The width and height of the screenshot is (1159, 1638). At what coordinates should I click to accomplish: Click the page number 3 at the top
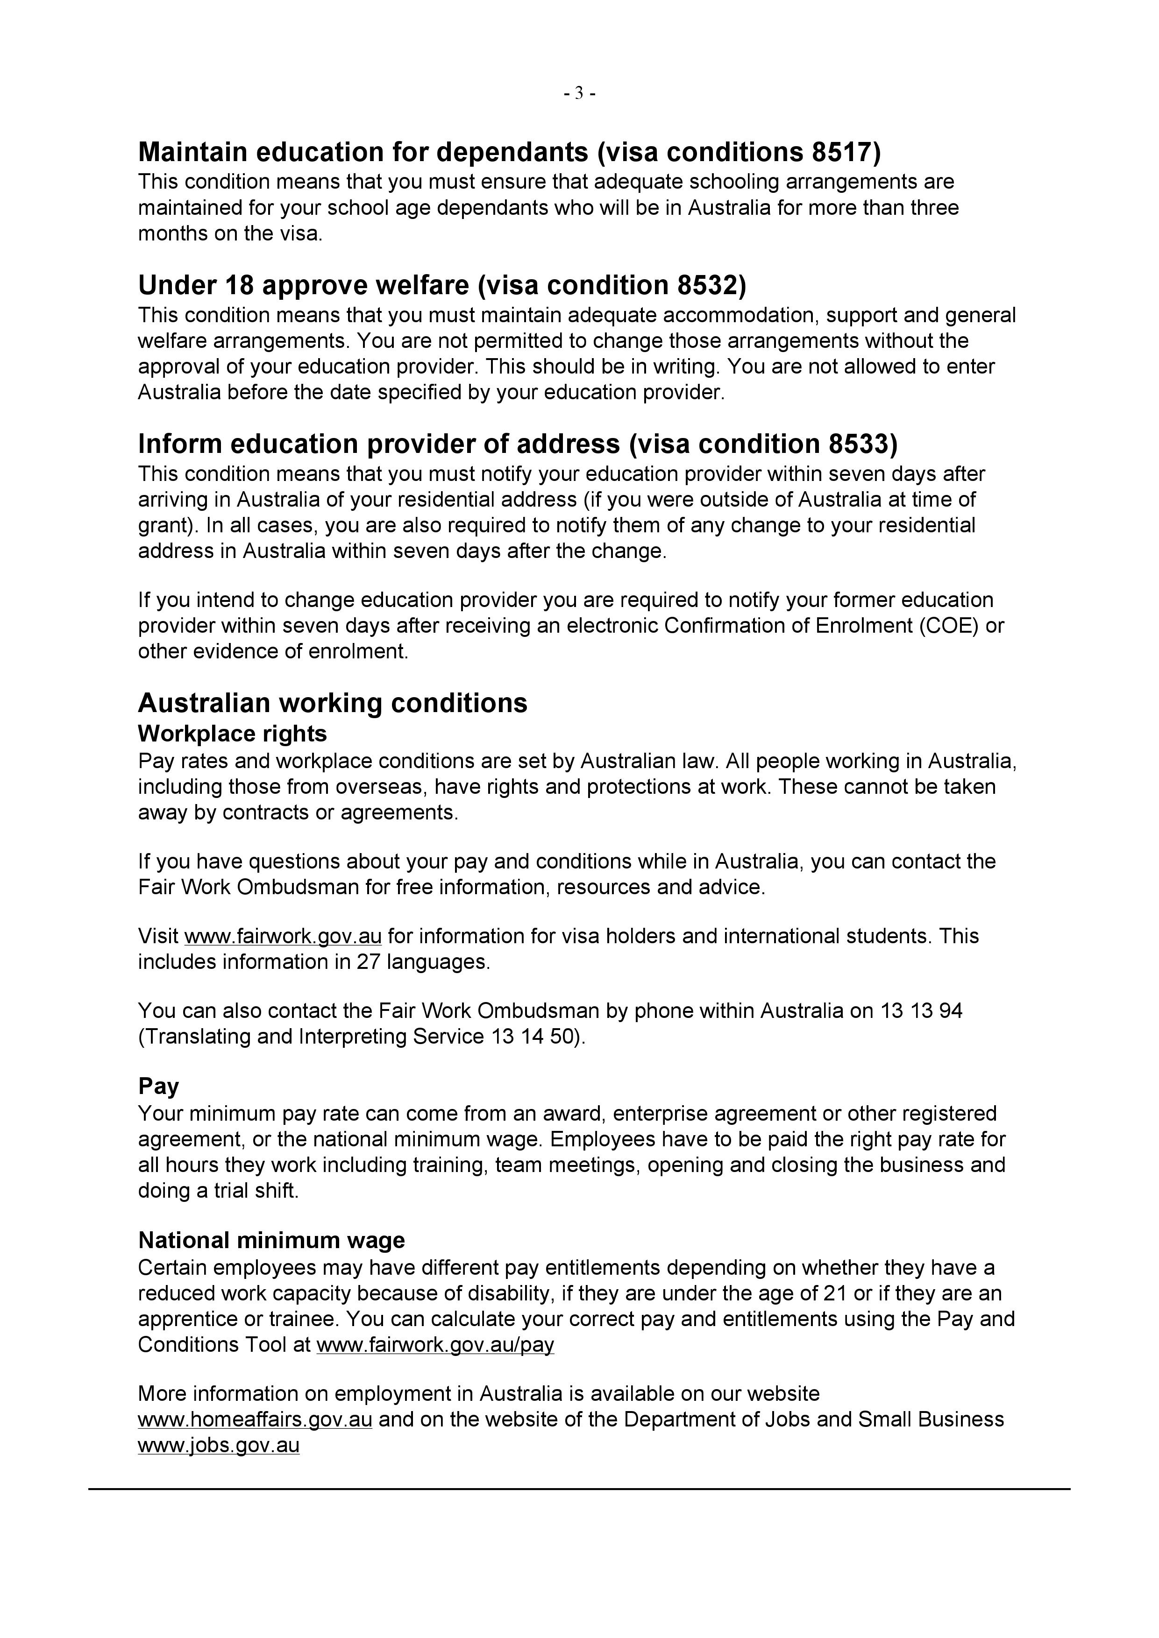(579, 93)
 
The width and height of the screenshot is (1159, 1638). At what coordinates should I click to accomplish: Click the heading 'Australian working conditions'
(333, 703)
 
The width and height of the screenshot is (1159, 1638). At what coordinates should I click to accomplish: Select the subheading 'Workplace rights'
(233, 734)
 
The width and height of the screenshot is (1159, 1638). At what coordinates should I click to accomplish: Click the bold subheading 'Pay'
(158, 1086)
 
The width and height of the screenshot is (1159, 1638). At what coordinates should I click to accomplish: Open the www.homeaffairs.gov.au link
(255, 1419)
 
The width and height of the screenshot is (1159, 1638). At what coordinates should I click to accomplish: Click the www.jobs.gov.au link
(218, 1445)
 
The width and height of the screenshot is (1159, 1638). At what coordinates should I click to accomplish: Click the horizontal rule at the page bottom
(579, 1489)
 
